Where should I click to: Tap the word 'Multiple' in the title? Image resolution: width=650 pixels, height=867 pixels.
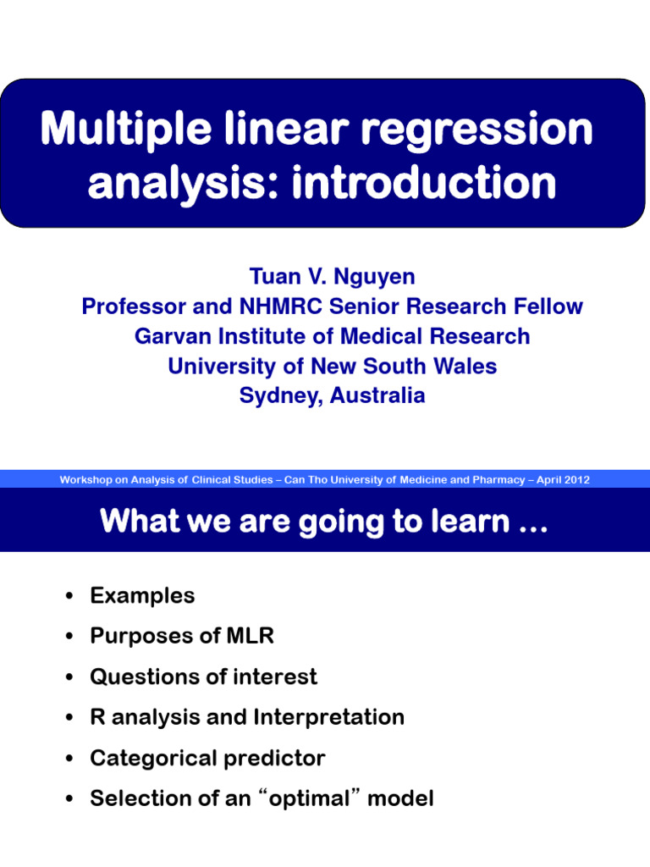click(x=125, y=130)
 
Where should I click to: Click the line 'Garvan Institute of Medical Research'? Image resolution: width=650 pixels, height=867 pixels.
click(x=332, y=336)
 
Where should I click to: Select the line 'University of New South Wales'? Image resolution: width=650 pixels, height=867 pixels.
click(x=332, y=366)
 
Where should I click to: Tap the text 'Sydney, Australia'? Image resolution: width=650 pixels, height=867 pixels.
click(x=332, y=395)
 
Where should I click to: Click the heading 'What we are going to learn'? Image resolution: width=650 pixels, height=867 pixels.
click(x=324, y=521)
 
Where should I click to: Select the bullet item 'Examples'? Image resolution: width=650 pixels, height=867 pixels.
click(x=142, y=595)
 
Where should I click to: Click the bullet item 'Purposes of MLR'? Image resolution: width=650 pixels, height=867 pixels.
click(x=182, y=636)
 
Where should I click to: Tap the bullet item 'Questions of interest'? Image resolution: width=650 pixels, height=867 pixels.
click(x=203, y=676)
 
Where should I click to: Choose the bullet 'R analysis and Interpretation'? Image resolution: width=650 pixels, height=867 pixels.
click(x=247, y=717)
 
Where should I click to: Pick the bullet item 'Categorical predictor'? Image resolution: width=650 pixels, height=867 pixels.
click(x=207, y=758)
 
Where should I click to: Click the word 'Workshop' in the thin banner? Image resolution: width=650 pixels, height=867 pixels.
click(x=87, y=480)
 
